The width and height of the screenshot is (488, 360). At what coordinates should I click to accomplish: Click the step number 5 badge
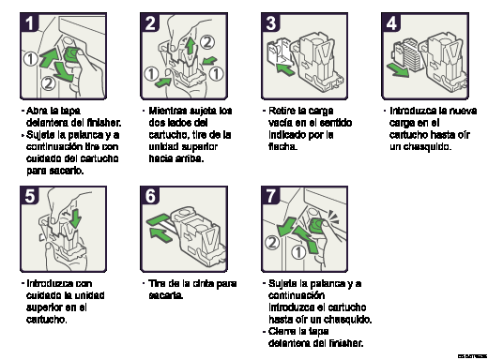click(x=30, y=196)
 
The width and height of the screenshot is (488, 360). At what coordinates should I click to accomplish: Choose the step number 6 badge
click(x=151, y=196)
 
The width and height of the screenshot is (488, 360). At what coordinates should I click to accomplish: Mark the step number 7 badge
click(x=271, y=196)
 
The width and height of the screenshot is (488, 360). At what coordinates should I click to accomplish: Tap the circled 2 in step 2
click(x=206, y=41)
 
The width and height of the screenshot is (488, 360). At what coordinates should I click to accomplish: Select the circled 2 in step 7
click(x=272, y=243)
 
